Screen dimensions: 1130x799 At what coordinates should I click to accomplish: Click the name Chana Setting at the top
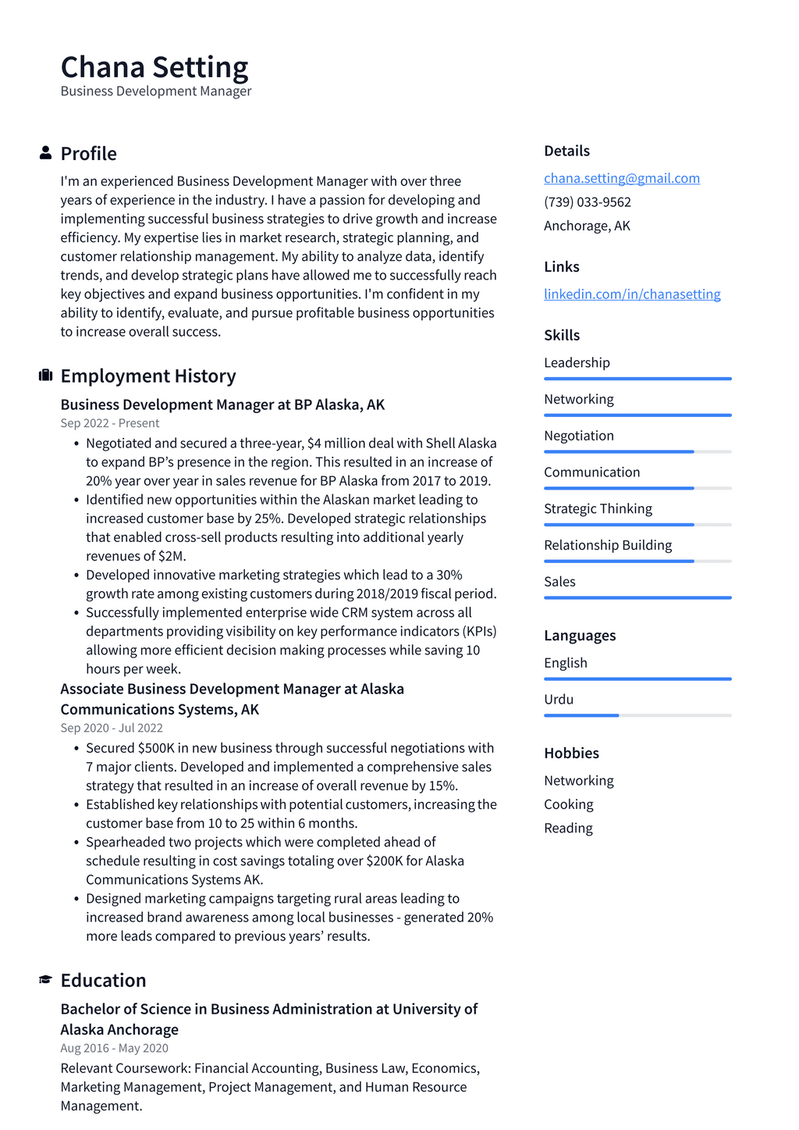pyautogui.click(x=154, y=67)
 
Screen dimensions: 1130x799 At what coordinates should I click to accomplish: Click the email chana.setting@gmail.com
pyautogui.click(x=621, y=178)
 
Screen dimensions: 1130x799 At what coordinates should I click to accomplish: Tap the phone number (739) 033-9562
pyautogui.click(x=587, y=201)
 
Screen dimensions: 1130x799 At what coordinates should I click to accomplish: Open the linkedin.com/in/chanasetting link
pyautogui.click(x=631, y=294)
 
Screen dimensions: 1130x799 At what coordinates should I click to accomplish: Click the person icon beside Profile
pyautogui.click(x=46, y=153)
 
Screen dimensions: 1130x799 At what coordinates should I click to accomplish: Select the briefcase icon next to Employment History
pyautogui.click(x=46, y=376)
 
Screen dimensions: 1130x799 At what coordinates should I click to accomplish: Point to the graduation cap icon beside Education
pyautogui.click(x=46, y=979)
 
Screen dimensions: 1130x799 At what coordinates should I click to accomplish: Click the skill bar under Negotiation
pyautogui.click(x=637, y=451)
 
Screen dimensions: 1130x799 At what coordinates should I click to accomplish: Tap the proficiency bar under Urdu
pyautogui.click(x=637, y=715)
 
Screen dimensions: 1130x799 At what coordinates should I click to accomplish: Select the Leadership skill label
pyautogui.click(x=577, y=362)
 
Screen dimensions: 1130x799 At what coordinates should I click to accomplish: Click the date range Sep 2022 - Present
pyautogui.click(x=109, y=423)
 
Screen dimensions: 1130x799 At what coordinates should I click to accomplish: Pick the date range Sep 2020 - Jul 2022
pyautogui.click(x=112, y=728)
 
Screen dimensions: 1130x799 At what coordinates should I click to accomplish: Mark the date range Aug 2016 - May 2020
pyautogui.click(x=114, y=1048)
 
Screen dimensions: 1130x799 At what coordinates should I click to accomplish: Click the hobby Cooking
pyautogui.click(x=568, y=804)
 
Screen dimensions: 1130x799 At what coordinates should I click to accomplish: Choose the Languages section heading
pyautogui.click(x=579, y=635)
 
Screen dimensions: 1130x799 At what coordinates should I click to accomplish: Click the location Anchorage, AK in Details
pyautogui.click(x=587, y=226)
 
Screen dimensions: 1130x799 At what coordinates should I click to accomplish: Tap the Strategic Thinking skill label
pyautogui.click(x=598, y=508)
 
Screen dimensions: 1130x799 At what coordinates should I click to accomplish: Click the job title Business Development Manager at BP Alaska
pyautogui.click(x=222, y=405)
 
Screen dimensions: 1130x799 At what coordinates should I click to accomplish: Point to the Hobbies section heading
pyautogui.click(x=571, y=753)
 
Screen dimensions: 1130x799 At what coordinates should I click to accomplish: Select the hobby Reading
pyautogui.click(x=568, y=828)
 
